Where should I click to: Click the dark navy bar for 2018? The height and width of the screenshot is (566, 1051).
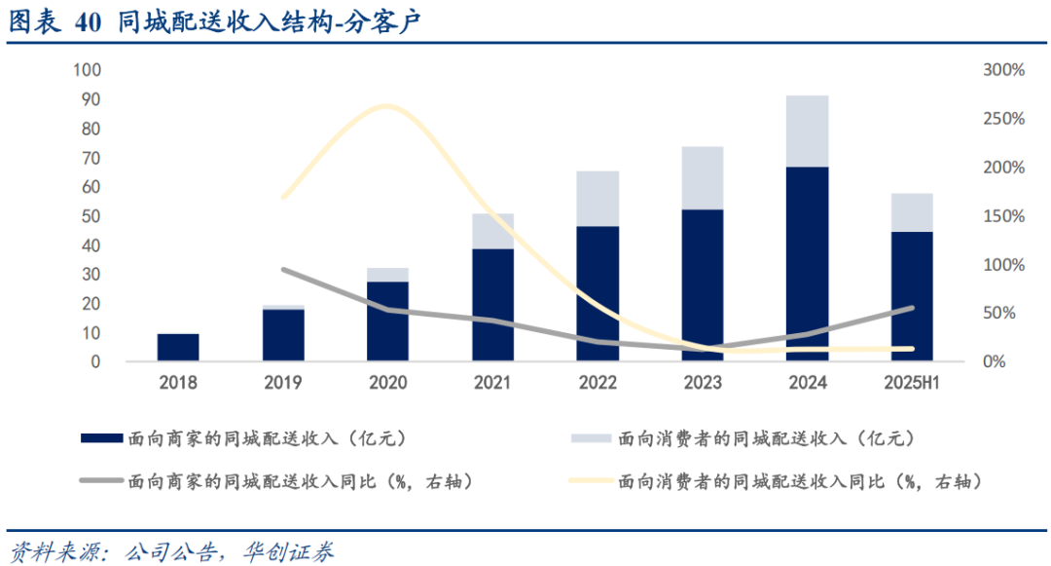[x=178, y=348]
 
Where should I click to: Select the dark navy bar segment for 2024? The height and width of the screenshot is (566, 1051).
[x=808, y=264]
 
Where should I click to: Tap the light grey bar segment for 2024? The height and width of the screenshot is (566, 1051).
[x=808, y=132]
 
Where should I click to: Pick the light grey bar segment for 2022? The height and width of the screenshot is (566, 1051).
[x=598, y=199]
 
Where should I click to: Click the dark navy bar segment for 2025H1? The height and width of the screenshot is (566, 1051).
[x=912, y=296]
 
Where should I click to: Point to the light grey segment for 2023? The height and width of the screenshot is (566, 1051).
[x=703, y=178]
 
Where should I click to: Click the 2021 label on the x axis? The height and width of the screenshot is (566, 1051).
[x=492, y=383]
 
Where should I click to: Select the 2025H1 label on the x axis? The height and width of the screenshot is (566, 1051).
[x=912, y=383]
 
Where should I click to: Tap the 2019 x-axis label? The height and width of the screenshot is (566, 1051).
[x=283, y=383]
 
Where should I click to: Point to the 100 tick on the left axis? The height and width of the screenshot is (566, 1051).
[x=87, y=70]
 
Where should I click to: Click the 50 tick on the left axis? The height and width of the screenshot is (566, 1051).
[x=91, y=216]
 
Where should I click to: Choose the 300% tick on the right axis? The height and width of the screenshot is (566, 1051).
[x=1003, y=70]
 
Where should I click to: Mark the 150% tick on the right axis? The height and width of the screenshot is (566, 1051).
[x=1003, y=216]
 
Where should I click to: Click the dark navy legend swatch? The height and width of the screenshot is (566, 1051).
[x=101, y=439]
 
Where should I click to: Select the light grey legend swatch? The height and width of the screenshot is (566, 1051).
[x=592, y=439]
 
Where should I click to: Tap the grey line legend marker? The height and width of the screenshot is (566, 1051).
[x=101, y=481]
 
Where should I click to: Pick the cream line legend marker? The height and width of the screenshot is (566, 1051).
[x=592, y=481]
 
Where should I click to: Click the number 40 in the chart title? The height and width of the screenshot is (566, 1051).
[x=87, y=23]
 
